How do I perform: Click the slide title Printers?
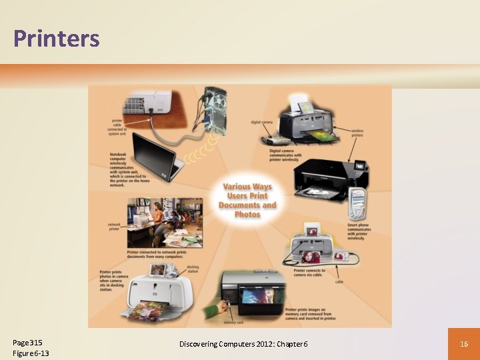pos(56,39)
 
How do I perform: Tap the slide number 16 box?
pos(463,343)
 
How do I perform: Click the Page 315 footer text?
pos(28,343)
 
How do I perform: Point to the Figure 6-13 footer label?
pos(31,353)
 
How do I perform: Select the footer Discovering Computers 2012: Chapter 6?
pos(243,343)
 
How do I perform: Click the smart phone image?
pos(357,203)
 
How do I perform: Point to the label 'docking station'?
pos(193,269)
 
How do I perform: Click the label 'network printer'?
pos(114,227)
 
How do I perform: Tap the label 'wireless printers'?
pos(357,133)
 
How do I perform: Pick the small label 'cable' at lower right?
pos(339,282)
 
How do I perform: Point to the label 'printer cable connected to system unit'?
pos(117,127)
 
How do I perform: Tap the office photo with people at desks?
pos(165,222)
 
